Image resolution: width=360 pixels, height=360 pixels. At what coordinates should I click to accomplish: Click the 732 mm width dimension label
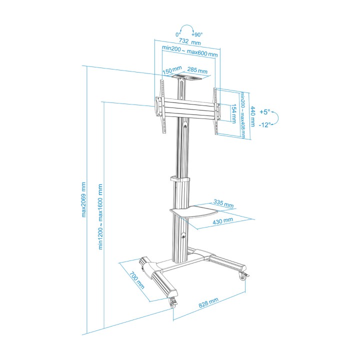[189, 42]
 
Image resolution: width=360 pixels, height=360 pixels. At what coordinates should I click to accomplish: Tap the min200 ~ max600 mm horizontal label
[189, 51]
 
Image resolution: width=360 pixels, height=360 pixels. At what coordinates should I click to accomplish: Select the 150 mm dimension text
[172, 70]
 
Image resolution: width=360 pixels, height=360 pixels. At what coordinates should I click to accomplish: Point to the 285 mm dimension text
[197, 70]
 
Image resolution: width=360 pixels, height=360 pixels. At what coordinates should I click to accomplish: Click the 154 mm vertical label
[233, 113]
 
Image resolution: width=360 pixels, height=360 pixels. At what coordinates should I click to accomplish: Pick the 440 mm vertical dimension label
[252, 116]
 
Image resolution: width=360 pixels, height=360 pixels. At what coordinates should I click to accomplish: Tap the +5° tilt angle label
[265, 112]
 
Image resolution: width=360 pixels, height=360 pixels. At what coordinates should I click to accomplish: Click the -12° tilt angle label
[264, 124]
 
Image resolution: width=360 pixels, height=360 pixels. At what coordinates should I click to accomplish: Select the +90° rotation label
[197, 34]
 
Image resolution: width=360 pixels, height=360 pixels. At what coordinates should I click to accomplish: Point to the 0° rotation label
[178, 34]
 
